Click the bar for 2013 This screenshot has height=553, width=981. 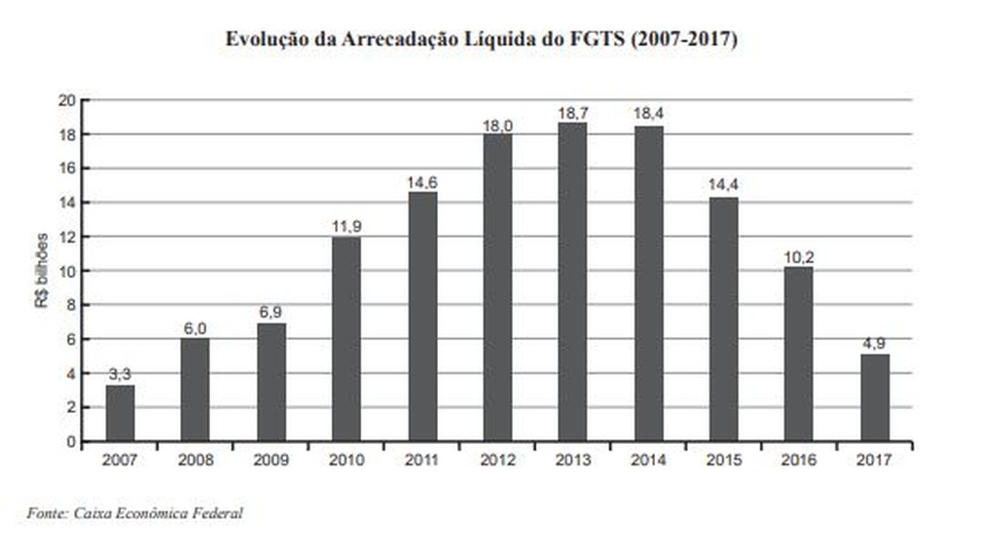click(x=572, y=281)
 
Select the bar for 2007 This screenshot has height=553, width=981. click(x=120, y=413)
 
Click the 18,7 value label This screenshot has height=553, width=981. click(x=572, y=113)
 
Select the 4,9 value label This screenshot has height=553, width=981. click(x=874, y=344)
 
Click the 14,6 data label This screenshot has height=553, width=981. click(x=421, y=182)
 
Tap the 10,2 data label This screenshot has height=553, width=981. click(x=798, y=257)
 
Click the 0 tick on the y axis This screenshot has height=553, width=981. click(x=70, y=441)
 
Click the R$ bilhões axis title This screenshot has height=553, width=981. click(x=41, y=271)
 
